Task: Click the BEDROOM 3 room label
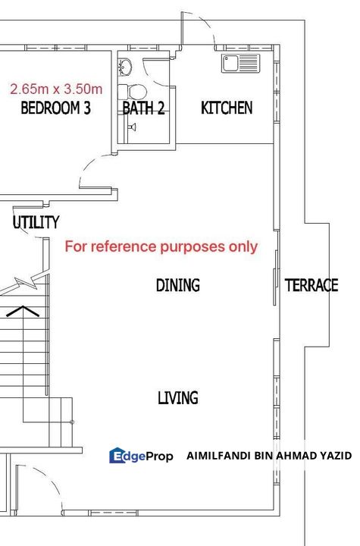click(55, 108)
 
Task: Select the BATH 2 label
click(143, 108)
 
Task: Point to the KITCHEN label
click(227, 108)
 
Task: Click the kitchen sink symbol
click(239, 63)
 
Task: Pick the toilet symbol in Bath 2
click(136, 92)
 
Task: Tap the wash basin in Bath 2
click(126, 68)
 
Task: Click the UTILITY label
click(36, 222)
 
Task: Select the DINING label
click(178, 285)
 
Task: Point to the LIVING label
click(178, 397)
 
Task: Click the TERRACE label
click(311, 285)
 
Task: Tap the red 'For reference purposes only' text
click(161, 246)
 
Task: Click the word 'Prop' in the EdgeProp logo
click(158, 456)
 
